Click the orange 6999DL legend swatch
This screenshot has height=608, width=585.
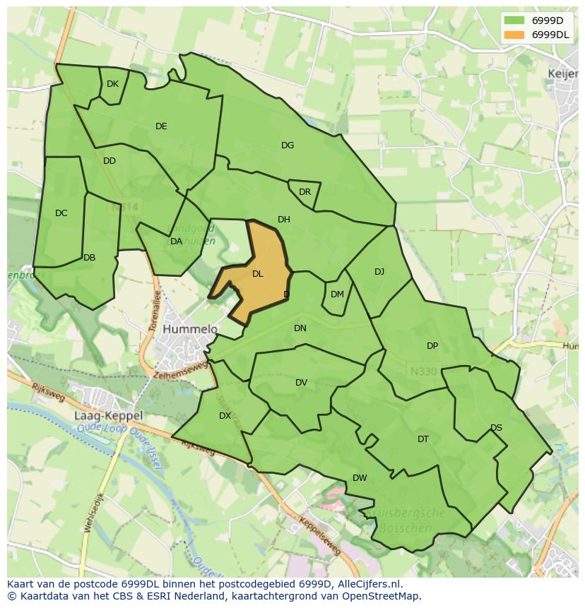[515, 35]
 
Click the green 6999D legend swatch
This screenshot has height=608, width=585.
[515, 21]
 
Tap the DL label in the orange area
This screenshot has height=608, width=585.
[258, 274]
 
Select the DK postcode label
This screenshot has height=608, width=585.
[112, 84]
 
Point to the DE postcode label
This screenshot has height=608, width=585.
[161, 126]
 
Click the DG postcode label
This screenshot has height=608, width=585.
[288, 145]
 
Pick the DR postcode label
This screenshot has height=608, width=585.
[305, 192]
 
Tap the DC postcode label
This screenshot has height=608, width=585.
[61, 213]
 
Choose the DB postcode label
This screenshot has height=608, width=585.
[89, 258]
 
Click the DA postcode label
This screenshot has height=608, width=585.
[177, 242]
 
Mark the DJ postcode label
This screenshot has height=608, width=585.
[379, 272]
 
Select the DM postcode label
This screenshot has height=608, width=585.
[337, 294]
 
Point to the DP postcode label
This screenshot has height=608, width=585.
[432, 346]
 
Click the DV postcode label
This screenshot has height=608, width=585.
[302, 383]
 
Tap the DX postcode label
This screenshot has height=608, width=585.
[225, 416]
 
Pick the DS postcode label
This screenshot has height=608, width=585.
[496, 428]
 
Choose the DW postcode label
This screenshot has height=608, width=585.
[360, 478]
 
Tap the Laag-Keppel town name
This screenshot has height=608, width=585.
[108, 416]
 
